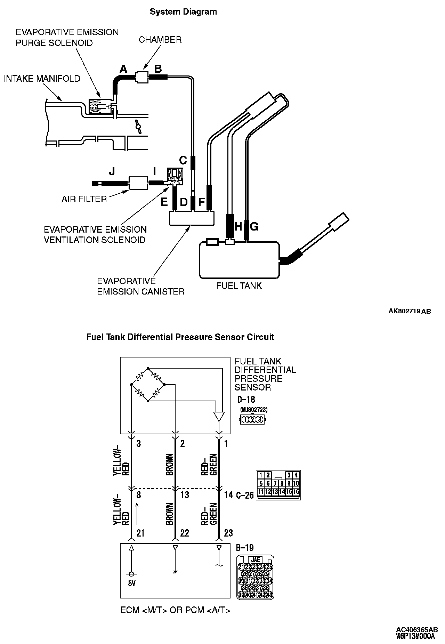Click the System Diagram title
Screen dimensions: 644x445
coord(183,12)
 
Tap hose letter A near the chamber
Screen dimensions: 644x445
coord(123,69)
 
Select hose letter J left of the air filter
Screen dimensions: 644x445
coord(112,171)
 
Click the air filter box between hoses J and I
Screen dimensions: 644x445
coord(139,183)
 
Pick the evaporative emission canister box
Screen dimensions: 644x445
coord(191,218)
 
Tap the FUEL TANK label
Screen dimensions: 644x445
coord(239,286)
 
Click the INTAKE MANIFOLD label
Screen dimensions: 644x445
coord(42,79)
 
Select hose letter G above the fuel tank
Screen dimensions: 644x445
coord(254,227)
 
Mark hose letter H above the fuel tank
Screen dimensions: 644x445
coord(238,227)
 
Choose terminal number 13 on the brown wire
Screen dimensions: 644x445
coord(185,494)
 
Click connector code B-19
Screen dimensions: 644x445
coord(244,548)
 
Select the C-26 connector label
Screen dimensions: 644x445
coord(245,495)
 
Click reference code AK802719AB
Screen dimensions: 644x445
coord(410,312)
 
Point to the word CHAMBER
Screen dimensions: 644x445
coord(160,40)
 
